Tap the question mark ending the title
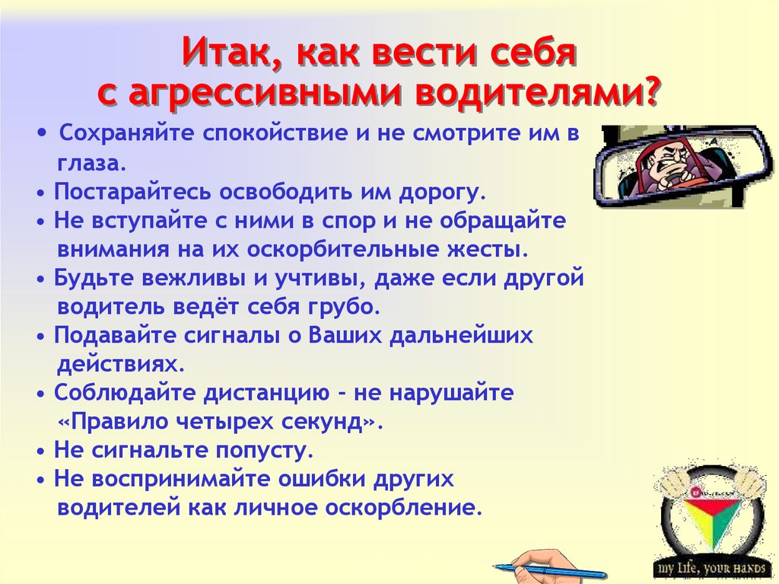650,90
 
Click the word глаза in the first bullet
92,163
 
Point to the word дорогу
442,192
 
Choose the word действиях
121,365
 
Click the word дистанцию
267,393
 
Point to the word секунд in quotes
323,422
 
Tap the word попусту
265,451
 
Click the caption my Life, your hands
711,568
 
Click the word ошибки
322,479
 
